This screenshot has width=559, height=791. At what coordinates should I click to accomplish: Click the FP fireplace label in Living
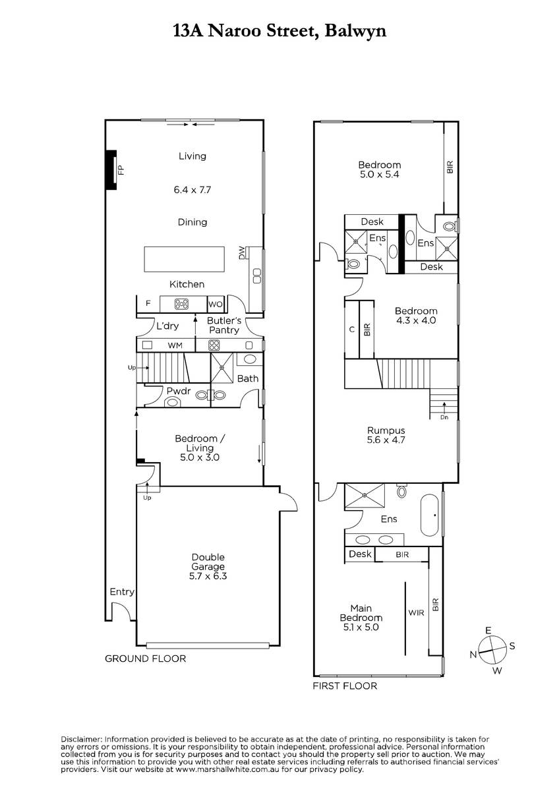(x=121, y=170)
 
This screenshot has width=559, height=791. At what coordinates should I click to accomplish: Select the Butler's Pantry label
(x=224, y=325)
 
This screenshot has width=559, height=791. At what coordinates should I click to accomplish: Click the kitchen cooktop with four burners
(x=181, y=304)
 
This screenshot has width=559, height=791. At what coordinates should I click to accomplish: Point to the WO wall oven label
(x=216, y=304)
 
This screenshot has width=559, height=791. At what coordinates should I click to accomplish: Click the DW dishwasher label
(x=242, y=253)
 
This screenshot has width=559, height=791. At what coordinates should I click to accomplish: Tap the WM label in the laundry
(x=175, y=345)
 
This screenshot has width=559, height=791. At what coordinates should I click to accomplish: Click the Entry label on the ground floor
(x=122, y=592)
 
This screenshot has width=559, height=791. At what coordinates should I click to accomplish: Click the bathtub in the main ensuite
(x=429, y=515)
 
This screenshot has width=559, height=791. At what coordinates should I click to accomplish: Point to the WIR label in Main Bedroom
(x=416, y=612)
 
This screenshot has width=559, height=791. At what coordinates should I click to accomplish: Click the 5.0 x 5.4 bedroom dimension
(x=379, y=174)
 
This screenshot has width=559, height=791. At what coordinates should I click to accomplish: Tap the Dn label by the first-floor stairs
(x=444, y=417)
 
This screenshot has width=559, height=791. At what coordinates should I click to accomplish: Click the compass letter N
(x=473, y=655)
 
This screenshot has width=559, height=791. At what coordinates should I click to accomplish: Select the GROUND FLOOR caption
(x=146, y=659)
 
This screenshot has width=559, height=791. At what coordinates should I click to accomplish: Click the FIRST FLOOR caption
(x=345, y=686)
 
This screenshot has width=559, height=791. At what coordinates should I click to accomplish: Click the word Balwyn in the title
(x=355, y=31)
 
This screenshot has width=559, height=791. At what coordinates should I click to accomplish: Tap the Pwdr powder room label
(x=179, y=392)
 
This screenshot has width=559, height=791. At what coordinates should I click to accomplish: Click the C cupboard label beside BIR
(x=352, y=330)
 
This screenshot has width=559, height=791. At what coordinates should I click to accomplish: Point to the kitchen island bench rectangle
(x=184, y=259)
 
